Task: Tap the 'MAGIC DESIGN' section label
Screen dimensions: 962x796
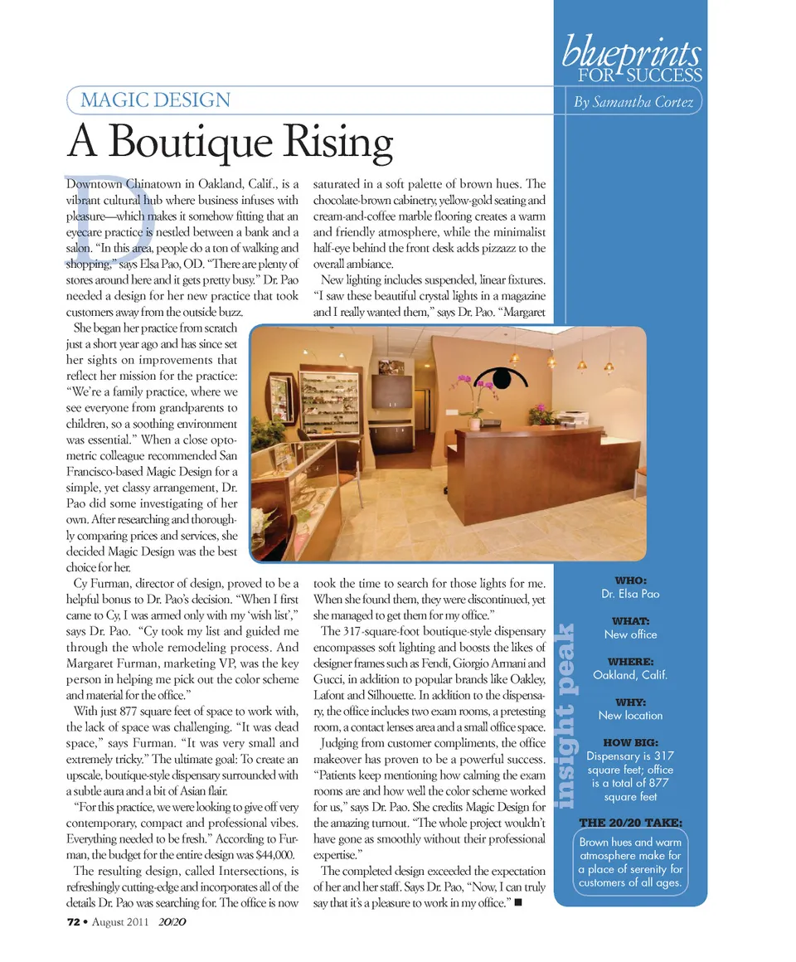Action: (155, 101)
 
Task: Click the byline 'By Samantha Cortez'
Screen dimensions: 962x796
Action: (633, 102)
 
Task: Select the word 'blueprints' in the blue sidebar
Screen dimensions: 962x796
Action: (633, 54)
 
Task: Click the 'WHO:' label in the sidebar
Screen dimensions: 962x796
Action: (631, 581)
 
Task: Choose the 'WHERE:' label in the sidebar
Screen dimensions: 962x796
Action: (631, 662)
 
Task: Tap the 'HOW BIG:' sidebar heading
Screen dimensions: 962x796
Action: (631, 742)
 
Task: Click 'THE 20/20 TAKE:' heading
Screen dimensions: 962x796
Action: (631, 822)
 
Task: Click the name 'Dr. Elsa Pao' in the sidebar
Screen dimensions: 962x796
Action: (631, 594)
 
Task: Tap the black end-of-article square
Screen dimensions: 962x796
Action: (517, 902)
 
